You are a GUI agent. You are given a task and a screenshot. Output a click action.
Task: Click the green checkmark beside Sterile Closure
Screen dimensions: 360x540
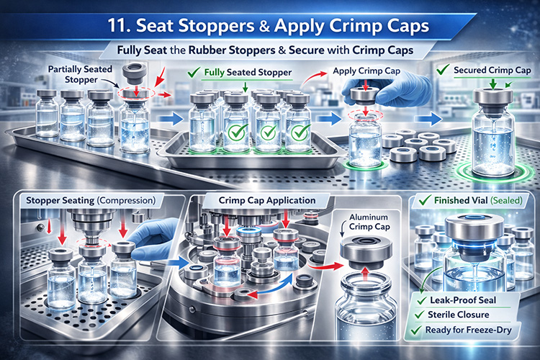(425, 314)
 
